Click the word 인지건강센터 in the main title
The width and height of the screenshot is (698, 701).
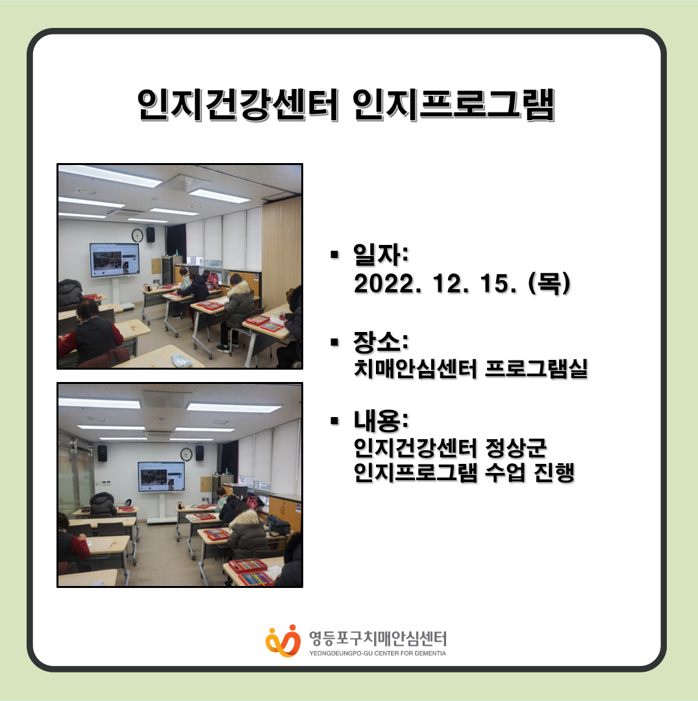click(x=238, y=105)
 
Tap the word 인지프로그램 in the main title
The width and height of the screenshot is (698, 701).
click(x=454, y=105)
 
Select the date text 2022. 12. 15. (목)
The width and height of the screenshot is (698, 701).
click(x=462, y=283)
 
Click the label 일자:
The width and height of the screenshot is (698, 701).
click(x=380, y=255)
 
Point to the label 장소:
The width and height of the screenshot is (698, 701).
click(x=380, y=342)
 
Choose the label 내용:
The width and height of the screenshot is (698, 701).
click(x=380, y=421)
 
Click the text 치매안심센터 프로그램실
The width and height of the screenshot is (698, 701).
click(x=471, y=368)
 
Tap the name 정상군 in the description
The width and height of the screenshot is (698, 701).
click(x=516, y=448)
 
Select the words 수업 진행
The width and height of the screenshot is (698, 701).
click(x=529, y=472)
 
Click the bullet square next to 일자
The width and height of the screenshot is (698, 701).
click(x=334, y=255)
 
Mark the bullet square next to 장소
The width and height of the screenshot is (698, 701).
click(x=334, y=342)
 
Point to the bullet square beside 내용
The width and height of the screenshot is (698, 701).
click(x=334, y=421)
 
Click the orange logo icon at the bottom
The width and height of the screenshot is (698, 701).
click(x=283, y=641)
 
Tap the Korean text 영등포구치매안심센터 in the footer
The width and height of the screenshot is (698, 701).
click(x=378, y=639)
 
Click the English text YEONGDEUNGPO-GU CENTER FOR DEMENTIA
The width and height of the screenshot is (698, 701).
click(x=378, y=653)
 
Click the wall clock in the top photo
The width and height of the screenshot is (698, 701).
click(x=137, y=235)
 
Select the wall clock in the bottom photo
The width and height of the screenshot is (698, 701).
click(x=186, y=454)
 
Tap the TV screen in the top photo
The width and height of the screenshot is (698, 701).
click(x=114, y=260)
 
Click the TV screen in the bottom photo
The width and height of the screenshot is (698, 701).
click(x=161, y=477)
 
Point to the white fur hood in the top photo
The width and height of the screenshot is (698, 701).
click(x=240, y=289)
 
